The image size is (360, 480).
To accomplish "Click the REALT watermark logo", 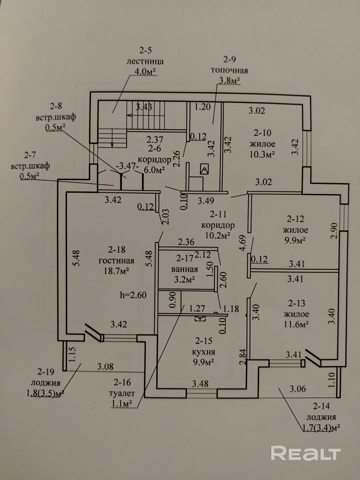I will pyautogui.click(x=306, y=453).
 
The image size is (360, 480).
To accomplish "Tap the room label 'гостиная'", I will pyautogui.click(x=116, y=260).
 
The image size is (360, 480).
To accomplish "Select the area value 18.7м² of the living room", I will pyautogui.click(x=116, y=271).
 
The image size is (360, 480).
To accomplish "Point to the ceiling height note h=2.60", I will pyautogui.click(x=133, y=295).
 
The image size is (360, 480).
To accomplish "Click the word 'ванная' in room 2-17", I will pyautogui.click(x=184, y=269).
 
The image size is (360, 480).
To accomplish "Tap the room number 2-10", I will pyautogui.click(x=262, y=133).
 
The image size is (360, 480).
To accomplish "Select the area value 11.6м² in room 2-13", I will pyautogui.click(x=296, y=324).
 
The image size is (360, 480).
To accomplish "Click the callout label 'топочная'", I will pyautogui.click(x=229, y=70).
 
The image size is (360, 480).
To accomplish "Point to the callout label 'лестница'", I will pyautogui.click(x=145, y=61).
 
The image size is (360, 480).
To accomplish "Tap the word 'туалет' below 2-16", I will pyautogui.click(x=122, y=393).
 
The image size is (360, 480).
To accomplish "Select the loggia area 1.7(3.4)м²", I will pyautogui.click(x=320, y=427).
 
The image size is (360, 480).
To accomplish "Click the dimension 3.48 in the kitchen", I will pyautogui.click(x=200, y=383).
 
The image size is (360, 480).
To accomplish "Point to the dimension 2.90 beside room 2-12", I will pyautogui.click(x=334, y=230).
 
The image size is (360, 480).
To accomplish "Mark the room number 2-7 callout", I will pyautogui.click(x=30, y=155).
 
